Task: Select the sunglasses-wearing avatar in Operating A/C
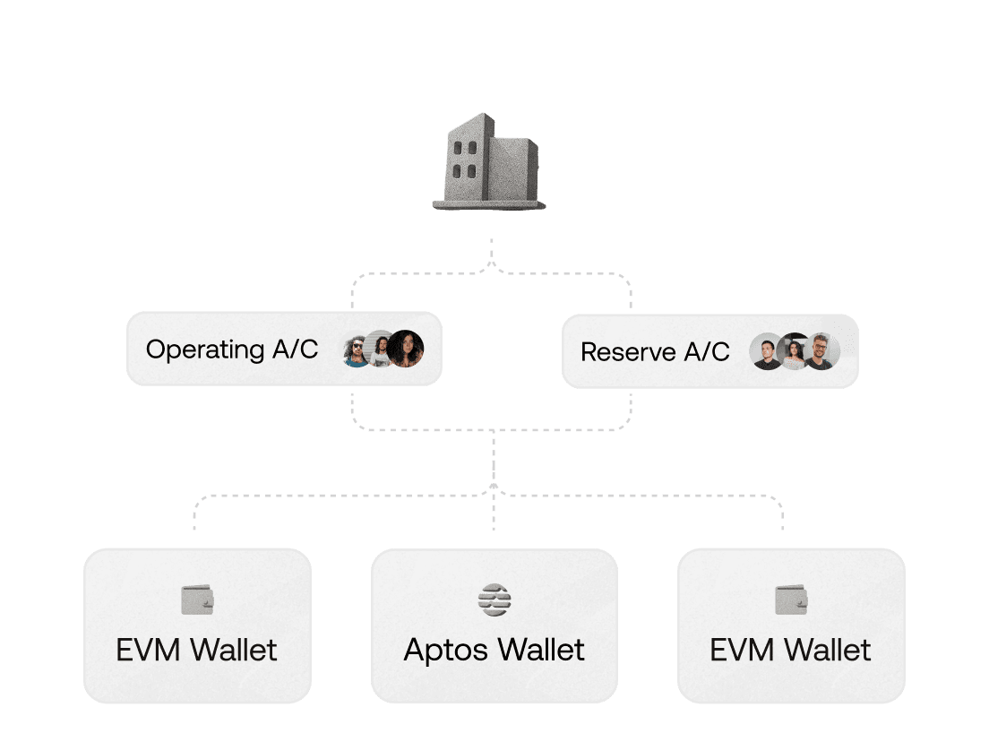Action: [357, 349]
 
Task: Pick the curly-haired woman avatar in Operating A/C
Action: [406, 349]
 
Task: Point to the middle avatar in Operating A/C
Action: [380, 349]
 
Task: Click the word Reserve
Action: [628, 351]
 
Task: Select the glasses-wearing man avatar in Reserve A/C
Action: [821, 351]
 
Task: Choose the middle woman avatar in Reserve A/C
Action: [795, 351]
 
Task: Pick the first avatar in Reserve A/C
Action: [768, 351]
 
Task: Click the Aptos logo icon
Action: [494, 600]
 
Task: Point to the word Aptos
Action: [447, 651]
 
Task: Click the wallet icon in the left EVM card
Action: [197, 600]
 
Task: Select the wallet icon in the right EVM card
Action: [791, 600]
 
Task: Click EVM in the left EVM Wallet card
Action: [150, 650]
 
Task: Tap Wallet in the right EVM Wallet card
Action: [828, 650]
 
